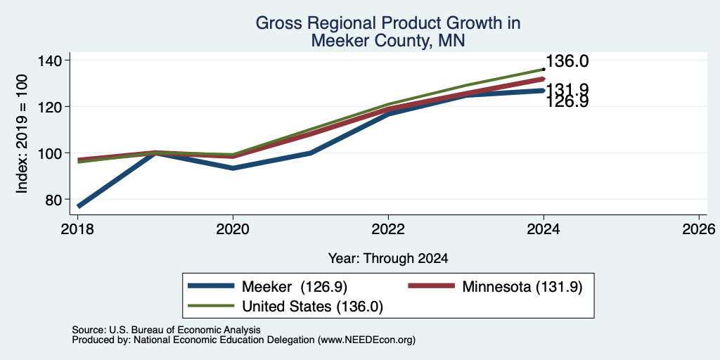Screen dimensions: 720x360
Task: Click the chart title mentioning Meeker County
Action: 388,32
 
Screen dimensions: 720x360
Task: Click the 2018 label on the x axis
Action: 78,229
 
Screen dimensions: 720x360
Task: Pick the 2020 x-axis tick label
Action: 233,229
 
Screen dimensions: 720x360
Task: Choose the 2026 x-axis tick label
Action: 698,229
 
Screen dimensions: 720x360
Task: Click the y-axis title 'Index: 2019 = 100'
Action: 22,134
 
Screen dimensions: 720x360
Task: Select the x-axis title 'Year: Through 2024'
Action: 388,259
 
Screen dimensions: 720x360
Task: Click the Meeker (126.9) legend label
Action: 295,287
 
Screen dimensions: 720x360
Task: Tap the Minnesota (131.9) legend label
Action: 522,287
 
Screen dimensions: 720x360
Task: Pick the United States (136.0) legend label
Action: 312,307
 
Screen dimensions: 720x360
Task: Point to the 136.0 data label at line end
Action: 567,62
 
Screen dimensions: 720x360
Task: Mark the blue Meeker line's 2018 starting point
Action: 79,206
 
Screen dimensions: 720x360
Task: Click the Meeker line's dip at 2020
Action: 233,168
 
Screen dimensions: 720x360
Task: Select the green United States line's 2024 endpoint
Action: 544,70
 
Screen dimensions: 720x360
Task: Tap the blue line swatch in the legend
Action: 211,287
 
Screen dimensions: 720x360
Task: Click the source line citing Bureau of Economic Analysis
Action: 166,330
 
